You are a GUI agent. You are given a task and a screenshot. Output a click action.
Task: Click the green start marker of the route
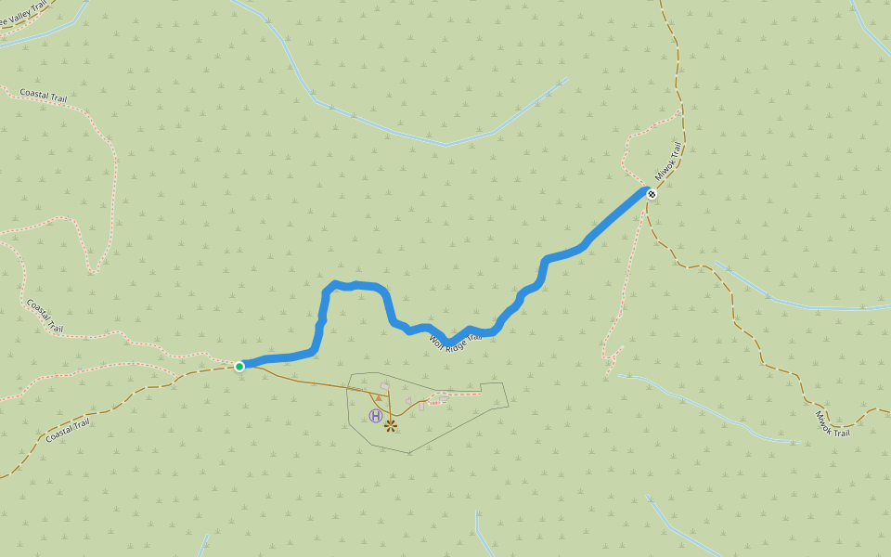pyautogui.click(x=239, y=367)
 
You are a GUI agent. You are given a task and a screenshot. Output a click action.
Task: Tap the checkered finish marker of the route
pyautogui.click(x=652, y=194)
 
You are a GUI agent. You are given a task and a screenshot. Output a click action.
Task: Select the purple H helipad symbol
pyautogui.click(x=375, y=416)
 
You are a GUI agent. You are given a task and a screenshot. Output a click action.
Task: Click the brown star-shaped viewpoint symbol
pyautogui.click(x=391, y=425)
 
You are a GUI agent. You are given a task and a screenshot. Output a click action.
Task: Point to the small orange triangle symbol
pyautogui.click(x=379, y=397)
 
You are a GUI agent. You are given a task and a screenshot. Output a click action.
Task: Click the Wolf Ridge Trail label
pyautogui.click(x=455, y=342)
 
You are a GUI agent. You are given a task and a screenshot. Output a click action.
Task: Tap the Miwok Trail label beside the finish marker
pyautogui.click(x=668, y=162)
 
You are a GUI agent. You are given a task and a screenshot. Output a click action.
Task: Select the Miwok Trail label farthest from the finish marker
pyautogui.click(x=833, y=425)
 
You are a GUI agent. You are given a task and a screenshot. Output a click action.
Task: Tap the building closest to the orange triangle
pyautogui.click(x=384, y=385)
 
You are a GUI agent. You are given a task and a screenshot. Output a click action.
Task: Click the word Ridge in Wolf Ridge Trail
pyautogui.click(x=457, y=343)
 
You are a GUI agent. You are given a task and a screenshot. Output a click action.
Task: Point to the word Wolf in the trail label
pyautogui.click(x=436, y=340)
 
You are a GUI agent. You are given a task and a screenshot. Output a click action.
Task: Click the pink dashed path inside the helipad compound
pyautogui.click(x=464, y=394)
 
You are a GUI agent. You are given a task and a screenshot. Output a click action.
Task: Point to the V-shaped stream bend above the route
pyautogui.click(x=445, y=145)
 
